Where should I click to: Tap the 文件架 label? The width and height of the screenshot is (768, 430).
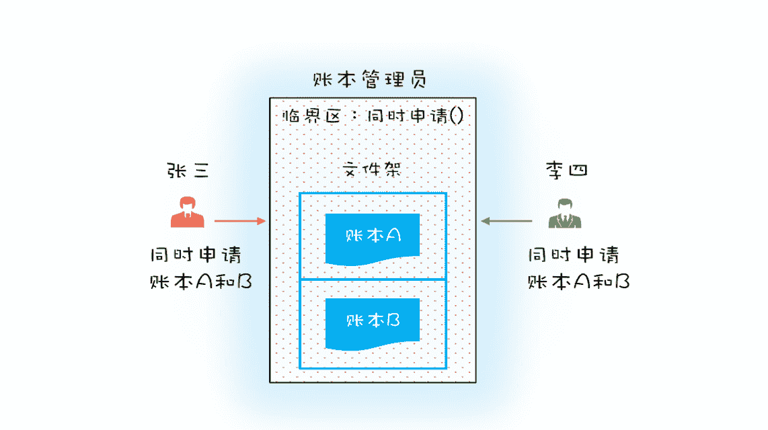pos(373,170)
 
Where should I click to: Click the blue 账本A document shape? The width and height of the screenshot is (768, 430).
pos(373,237)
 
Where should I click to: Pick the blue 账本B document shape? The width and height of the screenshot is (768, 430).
pos(373,322)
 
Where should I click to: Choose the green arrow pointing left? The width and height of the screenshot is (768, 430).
pos(506,220)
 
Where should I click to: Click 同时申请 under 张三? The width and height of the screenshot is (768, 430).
pos(196,255)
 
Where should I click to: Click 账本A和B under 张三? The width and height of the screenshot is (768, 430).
pos(200,282)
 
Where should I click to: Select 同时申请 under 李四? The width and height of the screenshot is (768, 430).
pos(573,255)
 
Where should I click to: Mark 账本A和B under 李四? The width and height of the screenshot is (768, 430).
pos(578,282)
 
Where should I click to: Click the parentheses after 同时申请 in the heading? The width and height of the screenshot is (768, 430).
pos(456,116)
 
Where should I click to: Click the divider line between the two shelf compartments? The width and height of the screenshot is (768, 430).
pos(373,279)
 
